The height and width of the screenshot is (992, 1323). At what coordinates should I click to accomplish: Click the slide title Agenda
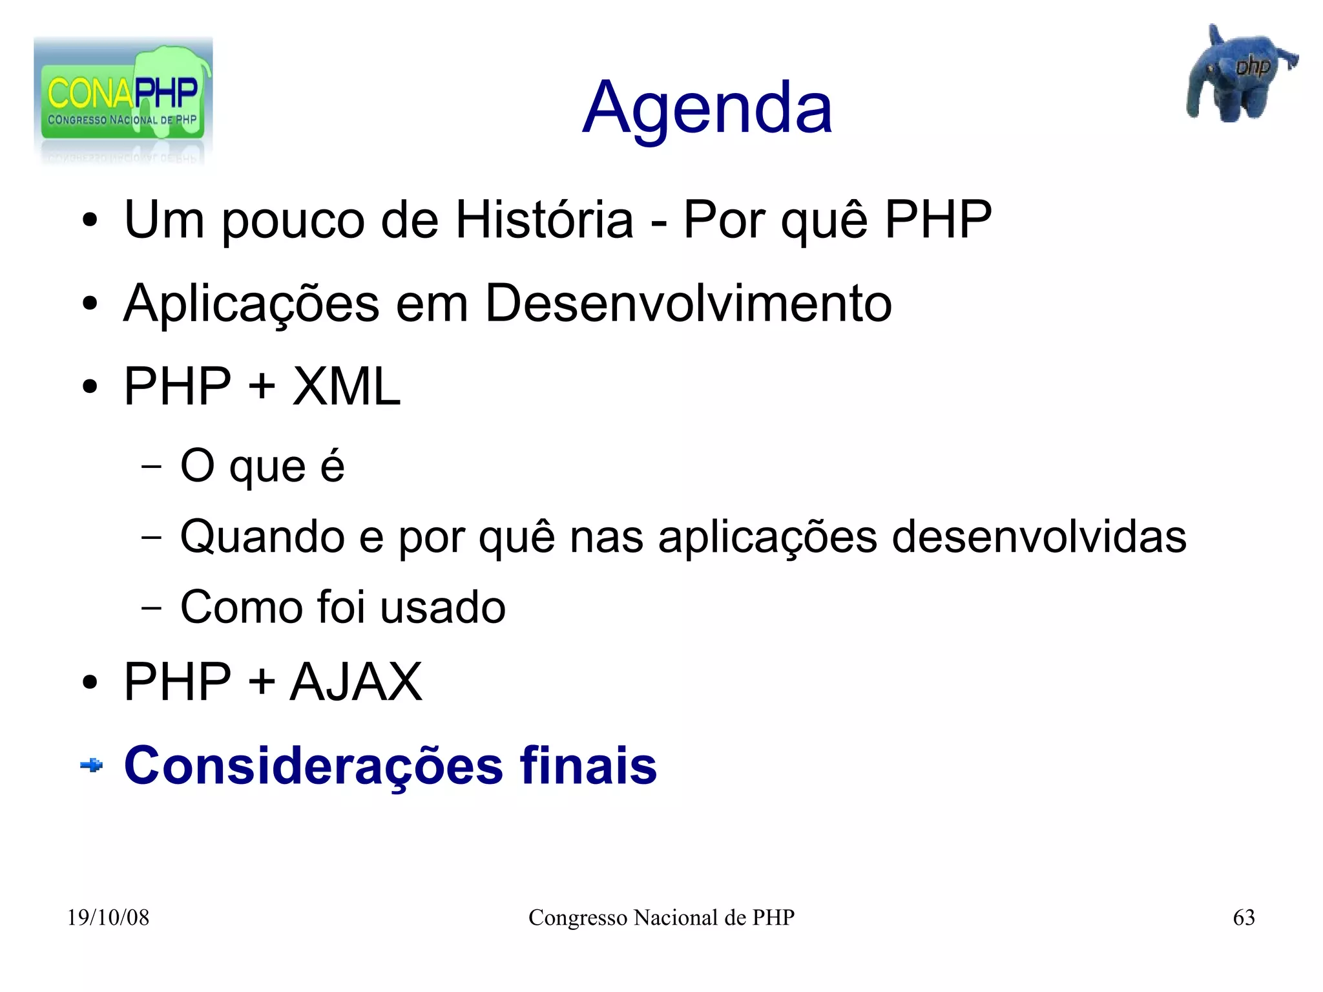click(707, 108)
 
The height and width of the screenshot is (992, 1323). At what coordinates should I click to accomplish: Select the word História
click(544, 220)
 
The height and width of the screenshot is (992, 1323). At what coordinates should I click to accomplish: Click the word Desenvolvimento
click(688, 303)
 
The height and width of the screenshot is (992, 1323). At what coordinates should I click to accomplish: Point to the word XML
click(346, 386)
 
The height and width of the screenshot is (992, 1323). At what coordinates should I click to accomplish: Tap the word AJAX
click(356, 682)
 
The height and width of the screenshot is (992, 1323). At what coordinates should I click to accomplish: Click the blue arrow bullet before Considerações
click(91, 766)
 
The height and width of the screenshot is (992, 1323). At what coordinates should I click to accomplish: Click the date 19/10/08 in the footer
click(108, 917)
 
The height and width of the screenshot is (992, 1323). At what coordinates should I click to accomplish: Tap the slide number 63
click(1244, 917)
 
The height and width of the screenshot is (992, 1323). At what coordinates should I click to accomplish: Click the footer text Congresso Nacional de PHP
click(661, 917)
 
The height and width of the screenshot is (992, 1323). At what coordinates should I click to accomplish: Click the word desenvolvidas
click(1039, 536)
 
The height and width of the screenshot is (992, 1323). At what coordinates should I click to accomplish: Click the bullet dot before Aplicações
click(90, 304)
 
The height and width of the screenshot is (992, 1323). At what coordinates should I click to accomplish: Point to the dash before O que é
click(151, 466)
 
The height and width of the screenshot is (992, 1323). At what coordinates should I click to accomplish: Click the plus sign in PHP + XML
click(262, 386)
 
